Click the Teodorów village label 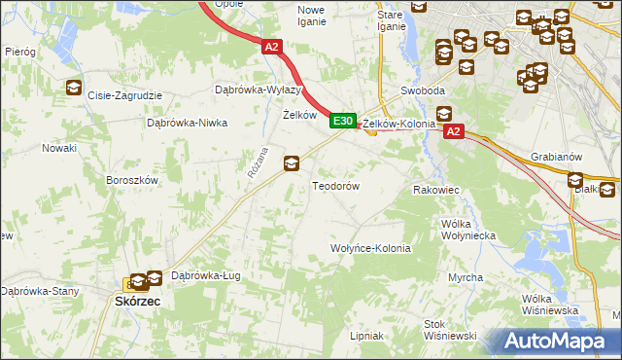(335, 185)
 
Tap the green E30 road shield (341, 121)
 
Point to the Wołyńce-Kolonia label (371, 248)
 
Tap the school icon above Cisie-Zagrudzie (74, 89)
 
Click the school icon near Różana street (291, 163)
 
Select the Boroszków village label (131, 180)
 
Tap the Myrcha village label (466, 277)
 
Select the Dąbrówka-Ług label (205, 275)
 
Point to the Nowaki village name (58, 148)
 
